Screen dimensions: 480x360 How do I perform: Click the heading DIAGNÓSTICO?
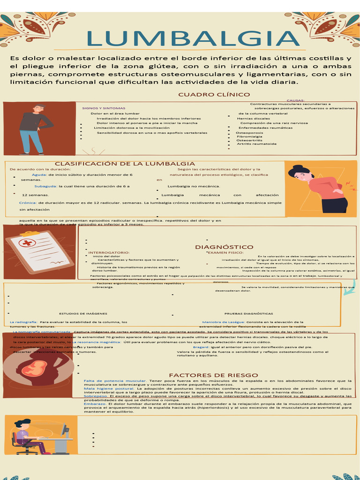224,247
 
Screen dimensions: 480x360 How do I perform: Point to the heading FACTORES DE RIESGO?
213,375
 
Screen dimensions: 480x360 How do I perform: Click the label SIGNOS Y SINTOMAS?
100,108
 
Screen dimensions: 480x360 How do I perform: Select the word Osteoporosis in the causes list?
249,133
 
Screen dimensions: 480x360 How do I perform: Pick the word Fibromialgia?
249,136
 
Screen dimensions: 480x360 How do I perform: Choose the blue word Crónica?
28,203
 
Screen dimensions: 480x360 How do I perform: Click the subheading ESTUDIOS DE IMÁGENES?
83,314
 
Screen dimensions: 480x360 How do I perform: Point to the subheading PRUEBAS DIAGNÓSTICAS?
248,314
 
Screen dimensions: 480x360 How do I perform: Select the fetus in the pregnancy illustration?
34,367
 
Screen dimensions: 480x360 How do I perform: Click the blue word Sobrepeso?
96,396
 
